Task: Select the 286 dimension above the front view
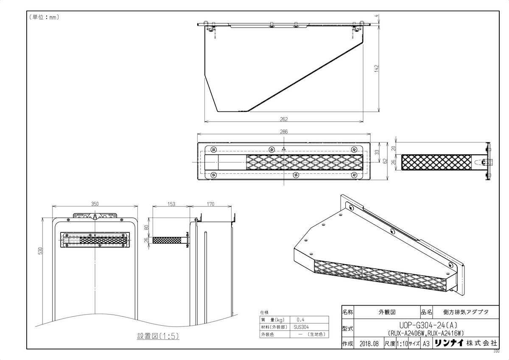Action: (284, 132)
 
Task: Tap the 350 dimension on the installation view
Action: (95, 204)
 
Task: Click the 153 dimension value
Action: (171, 204)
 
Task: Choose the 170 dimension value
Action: (211, 204)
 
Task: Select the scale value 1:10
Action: (401, 343)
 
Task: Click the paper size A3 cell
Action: (426, 343)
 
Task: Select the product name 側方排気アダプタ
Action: (465, 311)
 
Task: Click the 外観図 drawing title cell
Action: (387, 311)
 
